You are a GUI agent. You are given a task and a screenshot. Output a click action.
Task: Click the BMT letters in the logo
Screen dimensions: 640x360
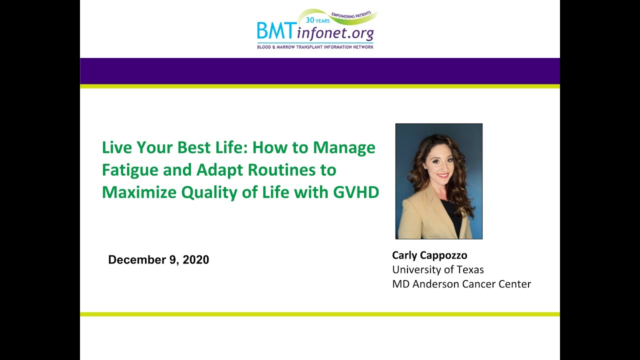pyautogui.click(x=275, y=31)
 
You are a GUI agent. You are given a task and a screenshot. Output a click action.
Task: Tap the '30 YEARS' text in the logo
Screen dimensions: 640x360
pyautogui.click(x=317, y=20)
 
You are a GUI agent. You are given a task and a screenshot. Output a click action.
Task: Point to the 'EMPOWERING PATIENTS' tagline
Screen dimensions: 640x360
pyautogui.click(x=351, y=15)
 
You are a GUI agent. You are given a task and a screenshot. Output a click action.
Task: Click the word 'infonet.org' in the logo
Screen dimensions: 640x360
pyautogui.click(x=335, y=33)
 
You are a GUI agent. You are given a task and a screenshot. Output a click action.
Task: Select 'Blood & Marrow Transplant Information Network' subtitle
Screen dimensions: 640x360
pyautogui.click(x=315, y=47)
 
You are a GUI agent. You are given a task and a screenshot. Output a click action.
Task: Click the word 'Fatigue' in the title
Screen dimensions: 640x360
pyautogui.click(x=130, y=170)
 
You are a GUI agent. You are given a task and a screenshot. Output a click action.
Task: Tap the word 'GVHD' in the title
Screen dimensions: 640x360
pyautogui.click(x=356, y=192)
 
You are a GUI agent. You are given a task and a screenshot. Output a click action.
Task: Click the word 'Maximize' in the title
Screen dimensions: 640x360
pyautogui.click(x=139, y=192)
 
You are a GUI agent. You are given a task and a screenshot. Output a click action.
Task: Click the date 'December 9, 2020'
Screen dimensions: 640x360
pyautogui.click(x=158, y=259)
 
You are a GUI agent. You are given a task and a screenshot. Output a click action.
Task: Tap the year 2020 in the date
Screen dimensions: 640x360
pyautogui.click(x=195, y=259)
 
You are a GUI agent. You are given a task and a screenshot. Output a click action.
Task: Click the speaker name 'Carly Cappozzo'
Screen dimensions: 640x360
pyautogui.click(x=429, y=255)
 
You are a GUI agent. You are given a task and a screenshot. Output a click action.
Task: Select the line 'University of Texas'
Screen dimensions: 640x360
pyautogui.click(x=438, y=269)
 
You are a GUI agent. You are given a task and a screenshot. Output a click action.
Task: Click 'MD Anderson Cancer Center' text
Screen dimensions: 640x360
pyautogui.click(x=461, y=283)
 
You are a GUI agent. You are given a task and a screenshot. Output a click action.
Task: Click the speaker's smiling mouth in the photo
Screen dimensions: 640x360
pyautogui.click(x=443, y=175)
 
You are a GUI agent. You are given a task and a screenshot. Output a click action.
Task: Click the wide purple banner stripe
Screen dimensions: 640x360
pyautogui.click(x=319, y=71)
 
